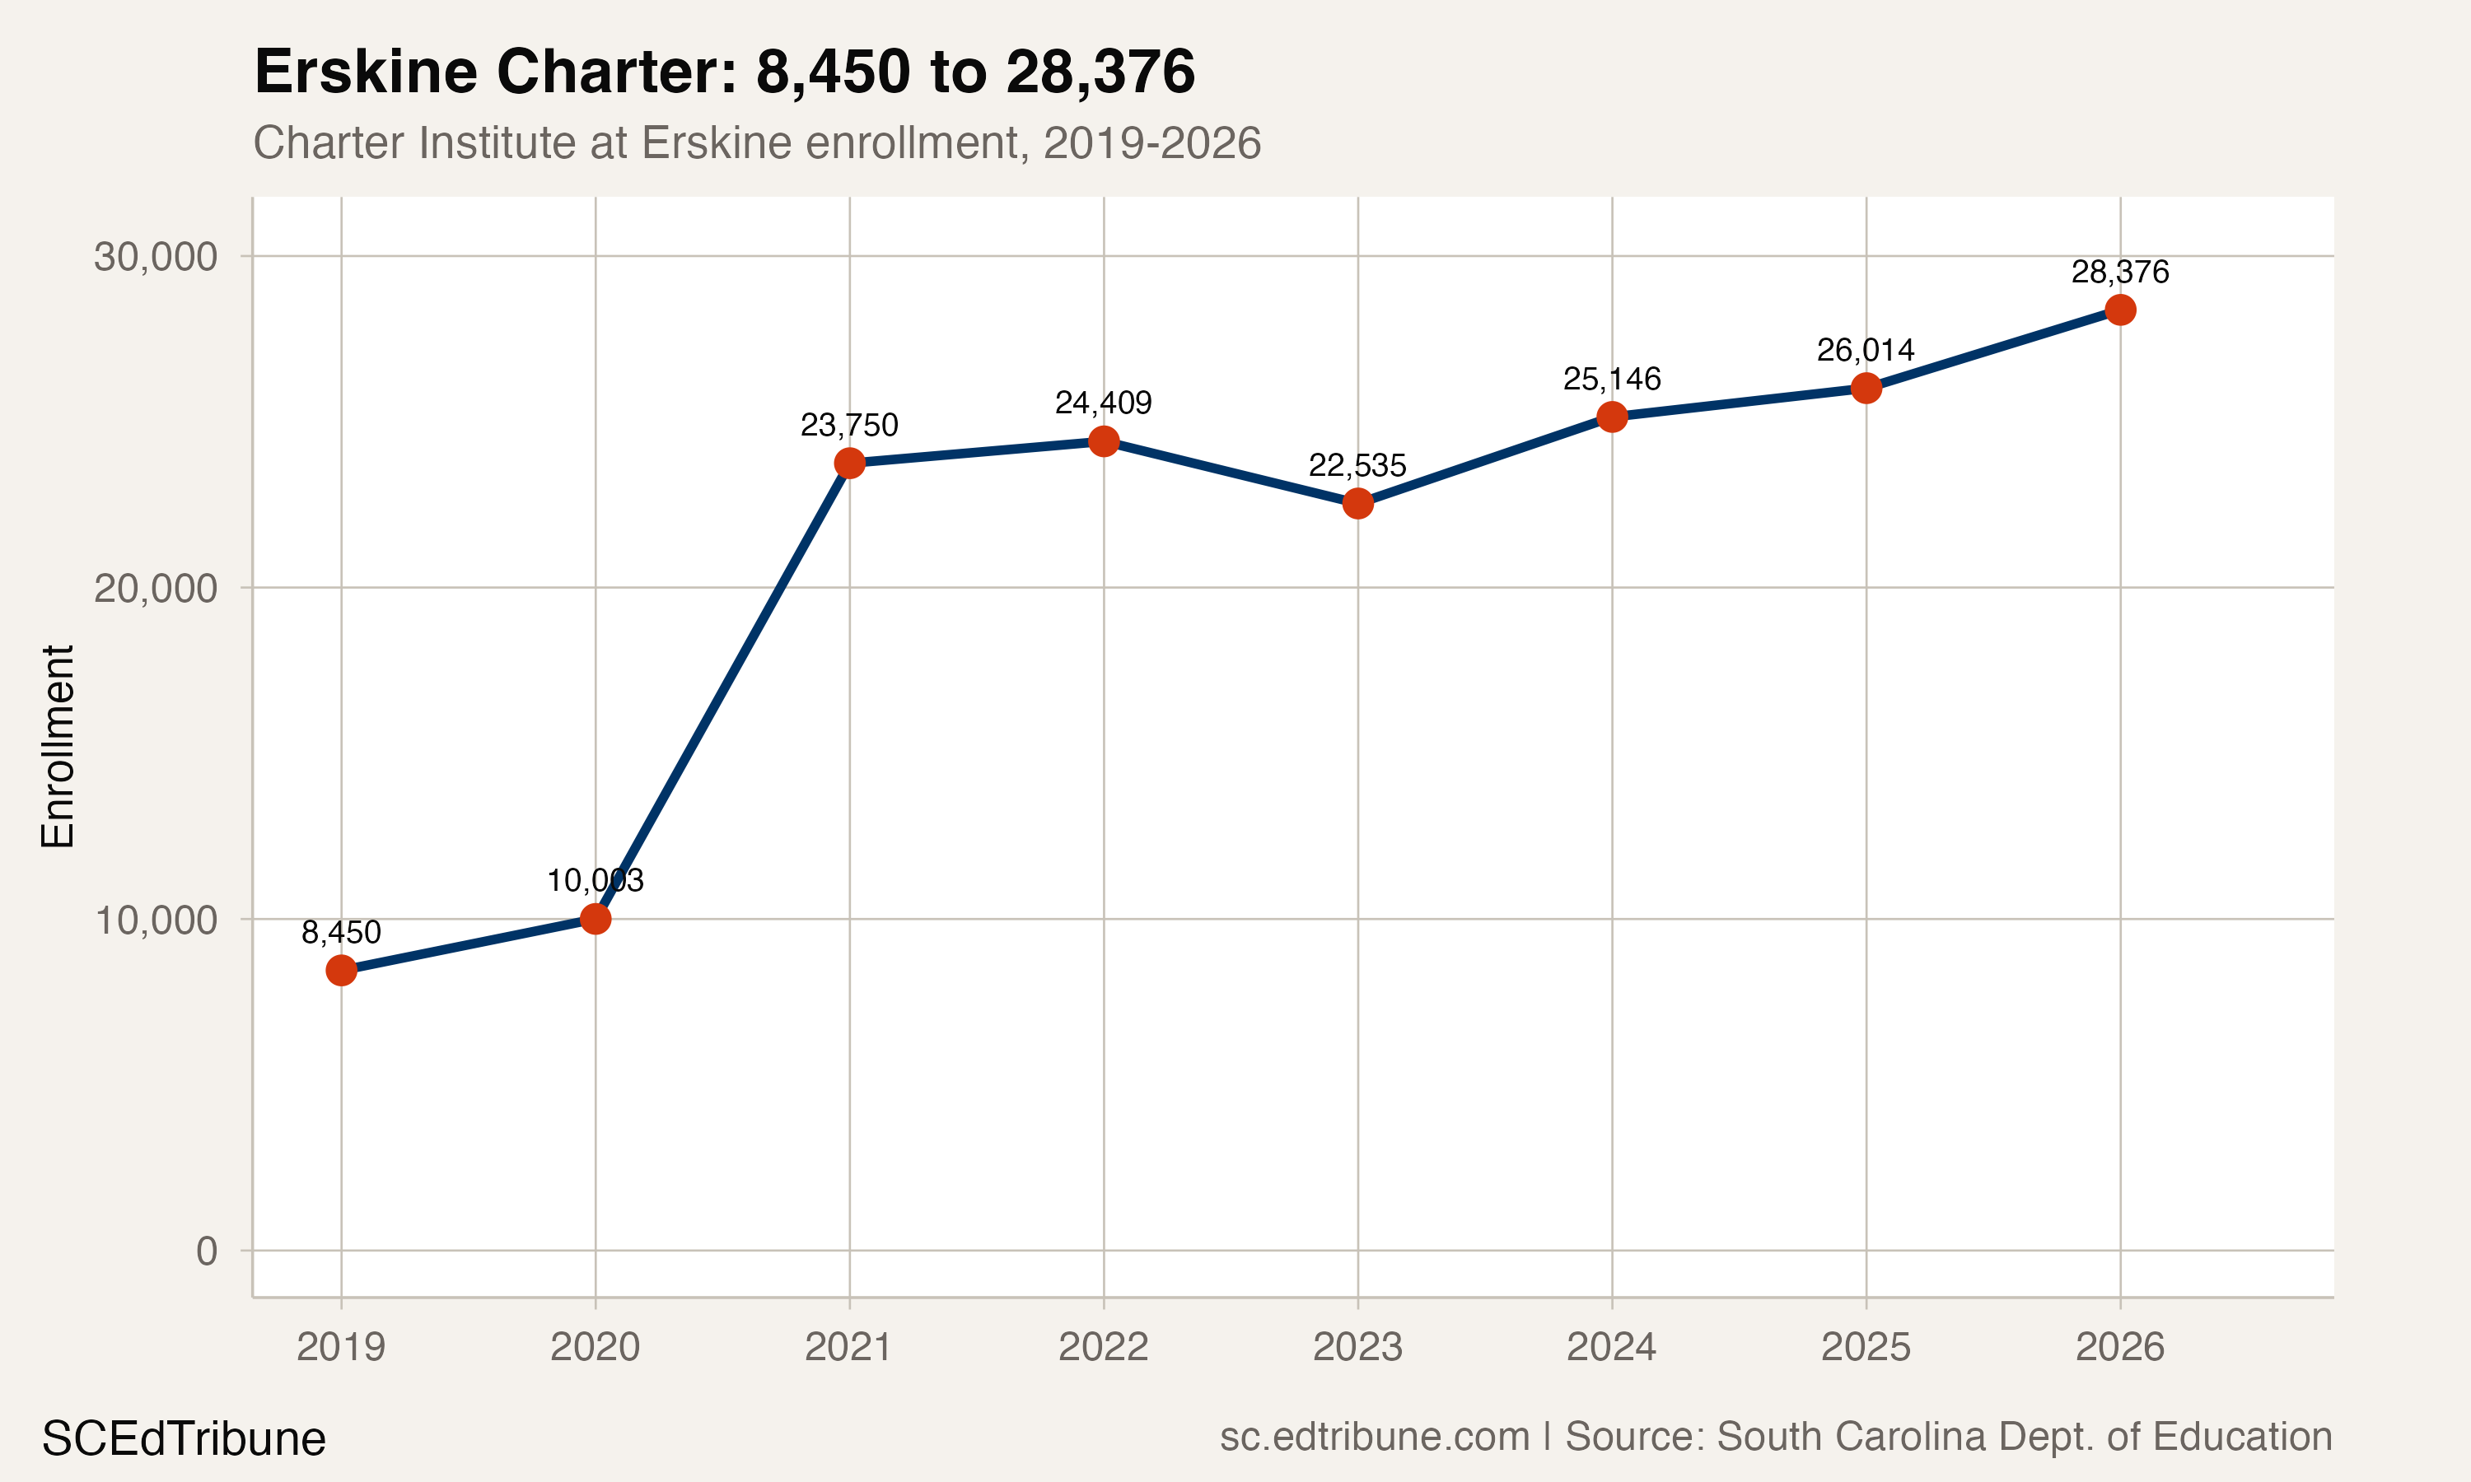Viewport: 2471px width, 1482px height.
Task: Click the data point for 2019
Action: pyautogui.click(x=342, y=970)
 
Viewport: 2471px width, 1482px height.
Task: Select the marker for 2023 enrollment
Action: pyautogui.click(x=1357, y=503)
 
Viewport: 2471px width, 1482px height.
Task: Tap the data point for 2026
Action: pyautogui.click(x=2119, y=310)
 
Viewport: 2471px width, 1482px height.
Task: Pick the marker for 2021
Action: pyautogui.click(x=849, y=464)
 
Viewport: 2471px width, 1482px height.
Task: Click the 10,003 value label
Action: pyautogui.click(x=596, y=881)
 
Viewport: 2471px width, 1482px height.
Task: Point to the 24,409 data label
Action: pyautogui.click(x=1104, y=403)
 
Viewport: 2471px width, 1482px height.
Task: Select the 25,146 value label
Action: pyautogui.click(x=1612, y=380)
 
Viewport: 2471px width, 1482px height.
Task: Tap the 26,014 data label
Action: pyautogui.click(x=1865, y=351)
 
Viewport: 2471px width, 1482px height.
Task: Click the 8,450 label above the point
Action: pyautogui.click(x=342, y=933)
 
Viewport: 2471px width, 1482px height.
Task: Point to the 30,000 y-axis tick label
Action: pyautogui.click(x=156, y=257)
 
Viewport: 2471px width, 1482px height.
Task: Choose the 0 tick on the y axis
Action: pyautogui.click(x=207, y=1251)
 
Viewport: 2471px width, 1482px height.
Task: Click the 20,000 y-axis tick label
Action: pyautogui.click(x=156, y=588)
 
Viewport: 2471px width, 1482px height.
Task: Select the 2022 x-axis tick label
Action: pyautogui.click(x=1104, y=1347)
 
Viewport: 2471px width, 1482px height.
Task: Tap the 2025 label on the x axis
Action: pyautogui.click(x=1865, y=1347)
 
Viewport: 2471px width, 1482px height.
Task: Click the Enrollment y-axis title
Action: pyautogui.click(x=58, y=747)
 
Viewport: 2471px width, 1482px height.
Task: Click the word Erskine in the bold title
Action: pyautogui.click(x=366, y=72)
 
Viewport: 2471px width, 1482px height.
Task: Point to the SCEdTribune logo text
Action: pyautogui.click(x=184, y=1439)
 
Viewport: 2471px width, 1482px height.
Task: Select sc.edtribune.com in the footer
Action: pyautogui.click(x=1375, y=1436)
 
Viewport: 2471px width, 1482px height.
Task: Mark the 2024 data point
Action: pyautogui.click(x=1612, y=417)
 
